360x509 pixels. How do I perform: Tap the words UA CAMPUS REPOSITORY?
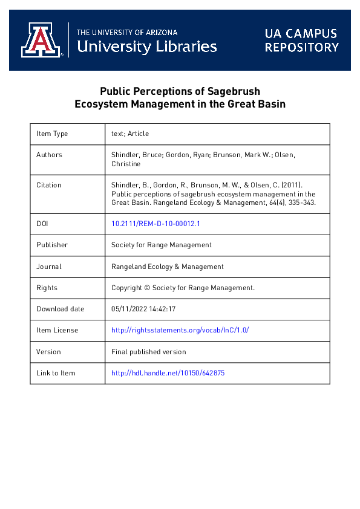(301, 40)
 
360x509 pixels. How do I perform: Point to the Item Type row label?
(52, 134)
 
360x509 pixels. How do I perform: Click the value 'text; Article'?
(130, 134)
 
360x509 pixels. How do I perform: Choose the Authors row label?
(49, 155)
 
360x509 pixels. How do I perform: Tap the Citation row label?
(49, 185)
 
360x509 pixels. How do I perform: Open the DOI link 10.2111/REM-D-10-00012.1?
(155, 224)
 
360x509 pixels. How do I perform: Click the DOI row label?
(42, 224)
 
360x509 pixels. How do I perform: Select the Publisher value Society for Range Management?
(162, 245)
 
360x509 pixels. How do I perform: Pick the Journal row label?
(49, 266)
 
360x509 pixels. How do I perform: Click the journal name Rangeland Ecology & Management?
(168, 266)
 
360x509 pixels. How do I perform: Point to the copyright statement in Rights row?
(183, 288)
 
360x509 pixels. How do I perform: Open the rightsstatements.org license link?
(180, 330)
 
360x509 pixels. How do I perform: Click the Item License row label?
(57, 330)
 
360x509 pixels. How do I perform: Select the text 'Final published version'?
(149, 351)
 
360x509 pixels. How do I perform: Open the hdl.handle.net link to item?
(168, 373)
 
